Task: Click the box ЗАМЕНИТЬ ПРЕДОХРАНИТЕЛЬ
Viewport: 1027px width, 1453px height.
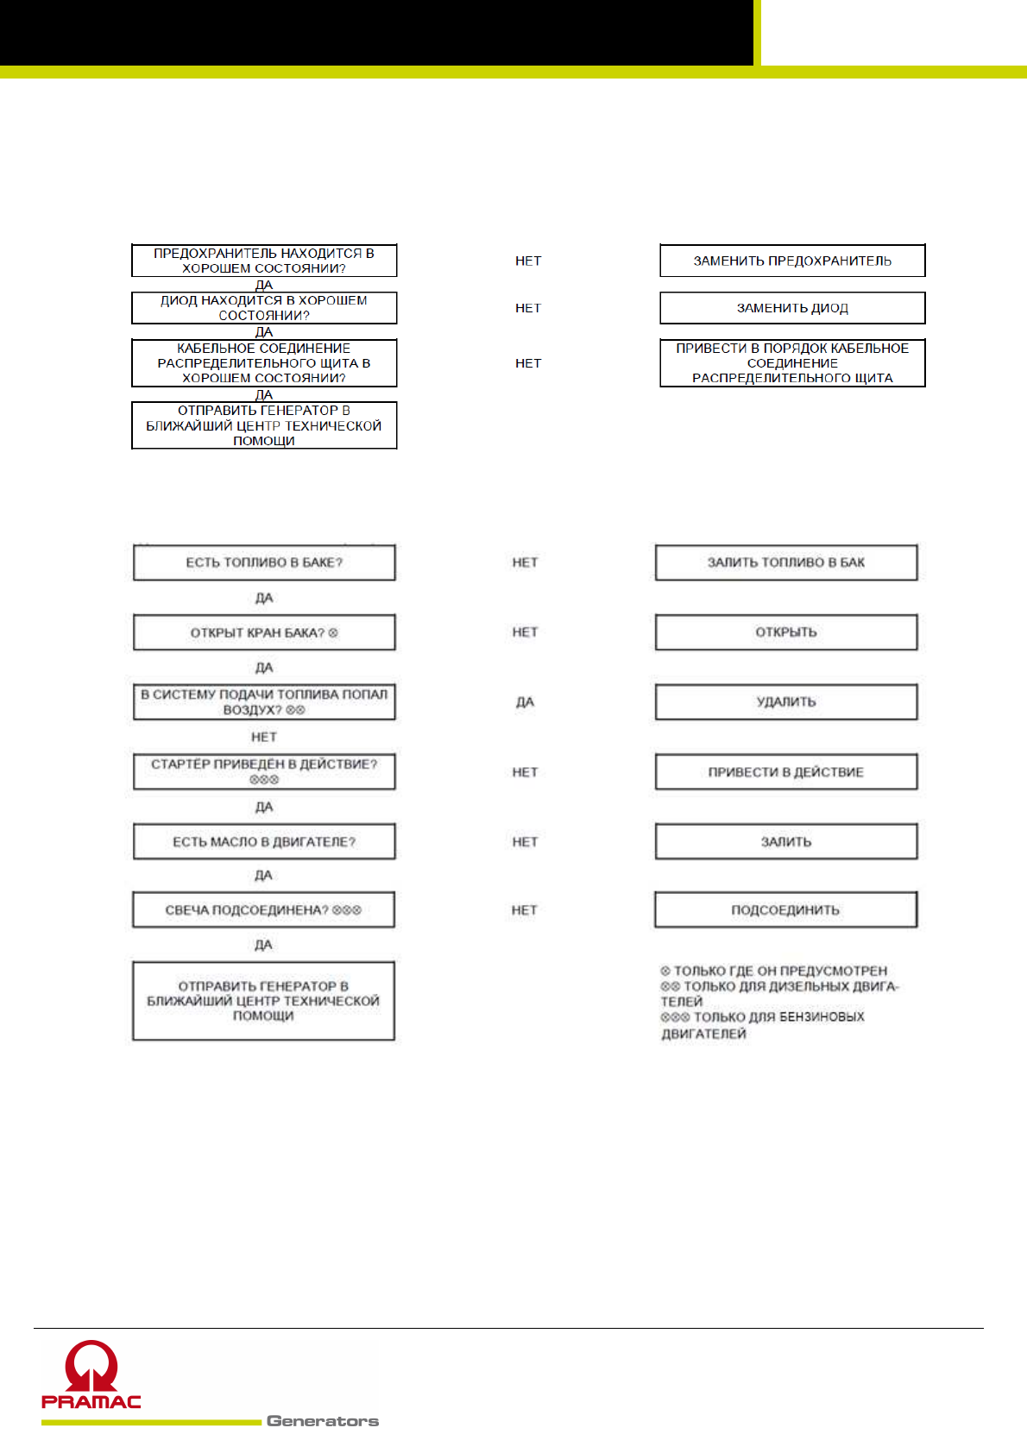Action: tap(792, 261)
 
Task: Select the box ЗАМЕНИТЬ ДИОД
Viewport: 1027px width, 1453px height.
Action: tap(792, 308)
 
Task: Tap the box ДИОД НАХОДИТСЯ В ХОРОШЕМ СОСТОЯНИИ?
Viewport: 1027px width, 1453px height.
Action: tap(264, 308)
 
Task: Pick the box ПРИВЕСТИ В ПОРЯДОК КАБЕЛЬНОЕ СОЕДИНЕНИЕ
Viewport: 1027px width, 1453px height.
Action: tap(792, 363)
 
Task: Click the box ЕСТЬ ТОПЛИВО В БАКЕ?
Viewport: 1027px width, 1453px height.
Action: tap(264, 563)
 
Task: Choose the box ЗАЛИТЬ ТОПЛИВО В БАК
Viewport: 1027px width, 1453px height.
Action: tap(785, 563)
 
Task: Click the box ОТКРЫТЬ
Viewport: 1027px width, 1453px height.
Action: tap(785, 632)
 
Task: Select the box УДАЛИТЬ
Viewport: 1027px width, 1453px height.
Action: tap(785, 702)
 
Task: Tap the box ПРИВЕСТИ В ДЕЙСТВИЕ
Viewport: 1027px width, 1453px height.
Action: tap(785, 772)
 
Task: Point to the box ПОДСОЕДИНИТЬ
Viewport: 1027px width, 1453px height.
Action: tap(785, 910)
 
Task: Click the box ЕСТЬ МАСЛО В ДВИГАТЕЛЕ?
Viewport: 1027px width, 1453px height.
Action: tap(264, 842)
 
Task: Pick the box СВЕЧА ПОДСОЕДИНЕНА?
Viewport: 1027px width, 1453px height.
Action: tap(263, 910)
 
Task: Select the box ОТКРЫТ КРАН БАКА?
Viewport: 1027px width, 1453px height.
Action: tap(264, 632)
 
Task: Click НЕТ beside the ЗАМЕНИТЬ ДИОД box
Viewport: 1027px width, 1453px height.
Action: tap(528, 308)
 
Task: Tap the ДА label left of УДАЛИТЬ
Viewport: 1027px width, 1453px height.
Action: tap(525, 702)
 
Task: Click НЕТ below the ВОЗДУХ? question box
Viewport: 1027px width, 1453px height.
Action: tap(264, 737)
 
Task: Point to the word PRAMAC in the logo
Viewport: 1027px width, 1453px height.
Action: tap(91, 1401)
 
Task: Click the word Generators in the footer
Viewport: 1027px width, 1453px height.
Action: tap(323, 1421)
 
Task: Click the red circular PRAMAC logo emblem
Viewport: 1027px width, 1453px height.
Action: tap(91, 1365)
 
